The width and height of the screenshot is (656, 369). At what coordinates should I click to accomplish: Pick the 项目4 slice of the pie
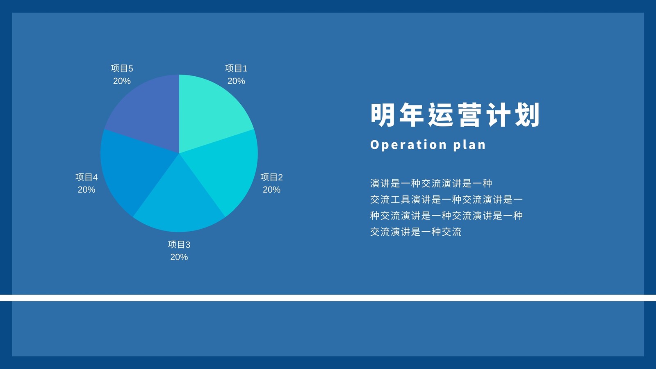coord(132,170)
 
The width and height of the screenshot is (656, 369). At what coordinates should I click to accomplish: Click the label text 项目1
coord(236,68)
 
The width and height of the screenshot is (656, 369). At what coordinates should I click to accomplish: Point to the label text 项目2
coord(271,177)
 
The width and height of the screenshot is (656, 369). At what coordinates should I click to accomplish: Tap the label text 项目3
coord(179,244)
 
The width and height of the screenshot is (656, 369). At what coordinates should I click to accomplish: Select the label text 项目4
coord(87,177)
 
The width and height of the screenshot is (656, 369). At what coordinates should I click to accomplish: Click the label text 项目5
coord(122,68)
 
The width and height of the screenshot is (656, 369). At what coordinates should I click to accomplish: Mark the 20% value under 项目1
coord(236,81)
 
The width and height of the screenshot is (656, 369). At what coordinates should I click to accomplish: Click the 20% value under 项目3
coord(179,257)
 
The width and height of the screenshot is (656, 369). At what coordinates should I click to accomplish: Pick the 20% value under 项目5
coord(122,81)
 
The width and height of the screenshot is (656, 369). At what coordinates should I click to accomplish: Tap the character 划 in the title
coord(527,115)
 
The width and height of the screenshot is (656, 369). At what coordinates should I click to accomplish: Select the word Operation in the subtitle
coord(408,145)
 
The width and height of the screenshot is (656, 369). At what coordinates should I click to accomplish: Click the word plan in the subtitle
coord(469,145)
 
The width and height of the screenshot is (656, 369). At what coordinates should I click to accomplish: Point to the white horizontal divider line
coord(328,298)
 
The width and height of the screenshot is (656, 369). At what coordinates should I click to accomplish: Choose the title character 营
coord(469,115)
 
